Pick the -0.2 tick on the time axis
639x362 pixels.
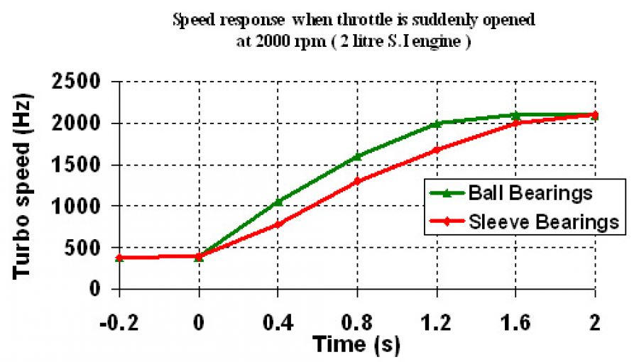click(119, 322)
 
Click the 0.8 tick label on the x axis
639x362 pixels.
click(357, 322)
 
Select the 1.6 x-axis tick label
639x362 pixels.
click(516, 322)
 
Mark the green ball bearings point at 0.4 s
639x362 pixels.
click(278, 202)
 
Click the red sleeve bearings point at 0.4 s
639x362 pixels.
click(278, 225)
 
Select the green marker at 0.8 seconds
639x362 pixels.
click(358, 156)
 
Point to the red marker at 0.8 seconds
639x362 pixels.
click(358, 181)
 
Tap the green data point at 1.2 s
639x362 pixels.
click(437, 123)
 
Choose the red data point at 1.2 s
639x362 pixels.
click(437, 149)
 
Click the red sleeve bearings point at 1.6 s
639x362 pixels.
click(516, 123)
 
